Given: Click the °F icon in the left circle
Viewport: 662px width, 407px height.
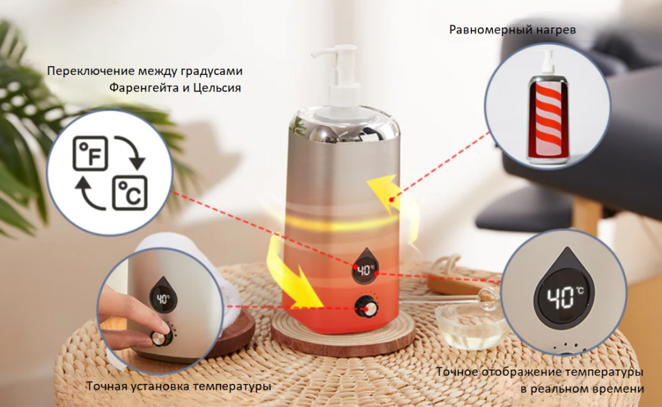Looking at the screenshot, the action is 90,153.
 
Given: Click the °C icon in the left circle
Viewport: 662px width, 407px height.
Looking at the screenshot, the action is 130,193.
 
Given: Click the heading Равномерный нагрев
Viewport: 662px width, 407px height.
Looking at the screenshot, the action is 513,31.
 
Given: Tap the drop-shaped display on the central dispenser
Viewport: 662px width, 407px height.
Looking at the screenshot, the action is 365,266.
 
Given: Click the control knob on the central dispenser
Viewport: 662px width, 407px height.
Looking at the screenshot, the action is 366,307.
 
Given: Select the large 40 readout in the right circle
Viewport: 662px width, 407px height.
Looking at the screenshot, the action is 561,298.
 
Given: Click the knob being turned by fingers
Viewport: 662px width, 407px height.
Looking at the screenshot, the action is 161,338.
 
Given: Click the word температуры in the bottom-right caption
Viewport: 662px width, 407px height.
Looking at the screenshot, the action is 599,372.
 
